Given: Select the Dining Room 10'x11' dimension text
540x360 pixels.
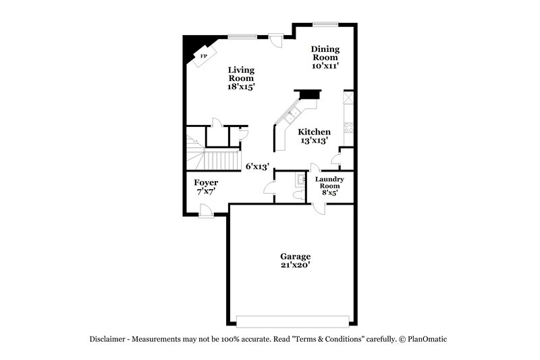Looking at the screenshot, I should pyautogui.click(x=325, y=66).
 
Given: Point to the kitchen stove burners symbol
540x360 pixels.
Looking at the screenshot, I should pyautogui.click(x=348, y=125).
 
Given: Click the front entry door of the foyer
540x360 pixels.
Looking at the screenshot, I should pyautogui.click(x=207, y=214).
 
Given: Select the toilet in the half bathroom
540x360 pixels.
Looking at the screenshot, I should pyautogui.click(x=298, y=195).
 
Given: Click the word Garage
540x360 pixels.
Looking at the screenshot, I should pyautogui.click(x=296, y=257).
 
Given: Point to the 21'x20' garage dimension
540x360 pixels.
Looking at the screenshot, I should pyautogui.click(x=296, y=265).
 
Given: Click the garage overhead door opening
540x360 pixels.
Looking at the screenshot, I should pyautogui.click(x=294, y=320).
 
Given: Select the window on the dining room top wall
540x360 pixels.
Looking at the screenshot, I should pyautogui.click(x=325, y=24).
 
